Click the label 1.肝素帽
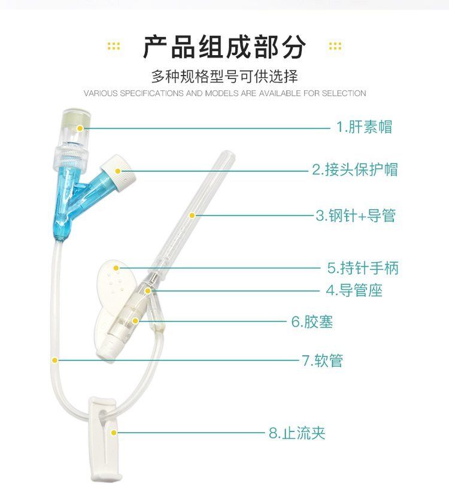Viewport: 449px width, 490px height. (x=364, y=127)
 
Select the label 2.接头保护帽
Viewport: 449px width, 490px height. (x=355, y=170)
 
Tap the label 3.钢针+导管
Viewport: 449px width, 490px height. (x=356, y=216)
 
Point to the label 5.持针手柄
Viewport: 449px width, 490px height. (x=363, y=268)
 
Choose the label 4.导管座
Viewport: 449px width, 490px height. (x=354, y=291)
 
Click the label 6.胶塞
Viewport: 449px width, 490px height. (x=313, y=322)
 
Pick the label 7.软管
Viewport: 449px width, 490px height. (x=323, y=361)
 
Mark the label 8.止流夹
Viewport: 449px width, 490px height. (x=297, y=433)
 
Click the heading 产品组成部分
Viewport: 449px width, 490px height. (x=224, y=47)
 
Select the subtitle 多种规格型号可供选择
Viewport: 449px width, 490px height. (x=224, y=77)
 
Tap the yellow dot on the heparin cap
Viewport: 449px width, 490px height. (x=80, y=128)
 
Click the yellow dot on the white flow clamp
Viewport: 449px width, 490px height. (x=114, y=433)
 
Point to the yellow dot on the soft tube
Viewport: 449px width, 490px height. (x=55, y=361)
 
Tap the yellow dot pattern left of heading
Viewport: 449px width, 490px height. (x=114, y=46)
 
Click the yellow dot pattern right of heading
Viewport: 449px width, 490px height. (x=335, y=46)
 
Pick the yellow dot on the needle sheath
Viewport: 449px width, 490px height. (x=192, y=215)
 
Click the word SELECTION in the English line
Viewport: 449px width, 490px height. (x=344, y=93)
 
